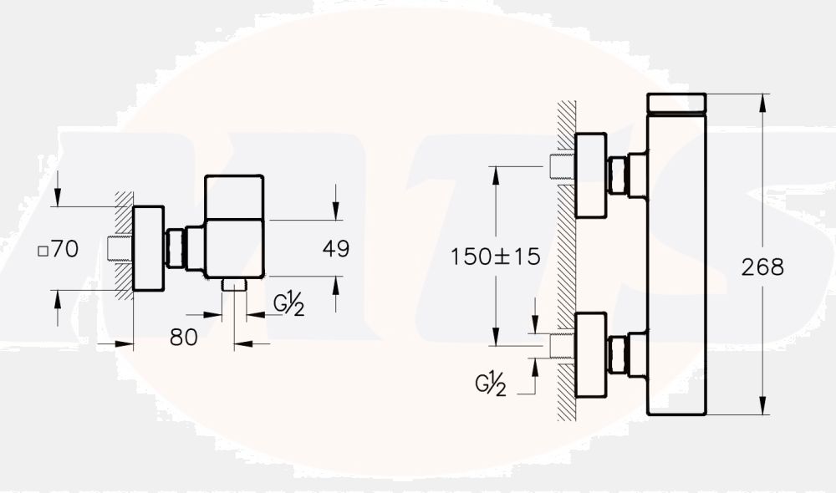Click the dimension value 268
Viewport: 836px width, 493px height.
762,267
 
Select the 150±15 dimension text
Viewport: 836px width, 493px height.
496,257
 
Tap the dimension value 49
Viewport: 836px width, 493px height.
335,248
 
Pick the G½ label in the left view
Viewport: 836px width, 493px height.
288,305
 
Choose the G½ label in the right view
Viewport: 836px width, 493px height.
491,384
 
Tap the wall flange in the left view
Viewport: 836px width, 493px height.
149,248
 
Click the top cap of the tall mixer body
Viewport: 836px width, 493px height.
677,103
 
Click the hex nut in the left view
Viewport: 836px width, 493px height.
176,248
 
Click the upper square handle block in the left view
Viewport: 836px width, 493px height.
234,197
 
